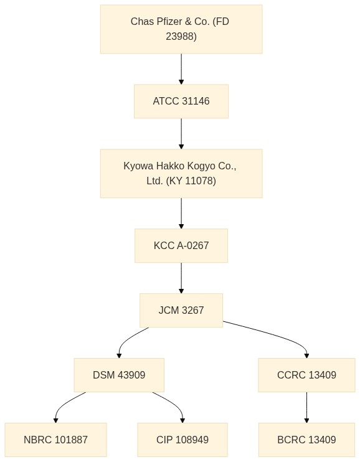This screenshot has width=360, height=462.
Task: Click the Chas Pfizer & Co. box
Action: tap(181, 29)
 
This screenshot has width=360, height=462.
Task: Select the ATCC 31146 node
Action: tap(181, 101)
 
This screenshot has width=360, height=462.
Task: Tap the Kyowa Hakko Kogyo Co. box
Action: tap(181, 173)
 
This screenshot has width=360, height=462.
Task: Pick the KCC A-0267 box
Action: tap(181, 245)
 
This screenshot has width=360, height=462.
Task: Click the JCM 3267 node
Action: tap(181, 310)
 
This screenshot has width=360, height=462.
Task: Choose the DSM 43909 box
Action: tap(119, 375)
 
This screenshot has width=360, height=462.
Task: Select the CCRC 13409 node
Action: tap(306, 375)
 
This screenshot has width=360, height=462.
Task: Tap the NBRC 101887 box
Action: tap(55, 440)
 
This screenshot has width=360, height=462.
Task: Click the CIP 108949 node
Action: tap(182, 440)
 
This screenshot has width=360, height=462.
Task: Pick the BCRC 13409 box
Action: tap(306, 440)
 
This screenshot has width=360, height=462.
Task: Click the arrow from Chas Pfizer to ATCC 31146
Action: tap(181, 69)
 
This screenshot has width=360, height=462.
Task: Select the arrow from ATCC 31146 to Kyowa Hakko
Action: tap(181, 134)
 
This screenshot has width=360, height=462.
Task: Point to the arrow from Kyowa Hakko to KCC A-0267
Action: tap(181, 214)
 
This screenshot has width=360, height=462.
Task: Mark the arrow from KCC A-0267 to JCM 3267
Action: tap(181, 278)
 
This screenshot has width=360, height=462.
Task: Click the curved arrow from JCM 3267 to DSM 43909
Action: tap(128, 339)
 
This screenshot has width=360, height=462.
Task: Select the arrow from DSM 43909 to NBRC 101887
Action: tap(65, 403)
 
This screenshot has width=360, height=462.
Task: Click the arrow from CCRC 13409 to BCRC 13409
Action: tap(306, 407)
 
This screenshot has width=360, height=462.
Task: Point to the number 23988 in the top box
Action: tap(181, 36)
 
